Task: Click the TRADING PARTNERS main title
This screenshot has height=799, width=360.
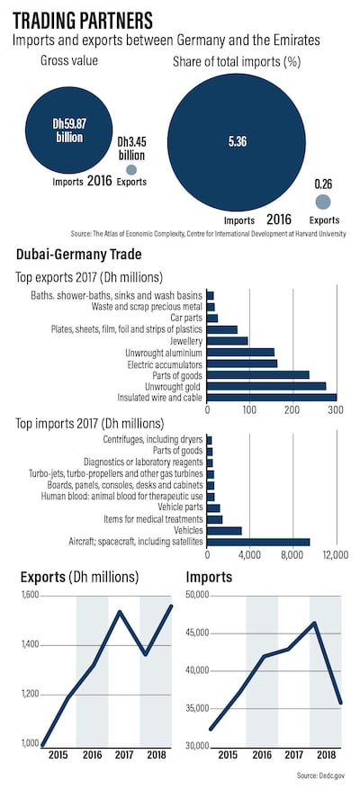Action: (83, 19)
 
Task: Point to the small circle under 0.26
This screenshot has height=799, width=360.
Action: (323, 201)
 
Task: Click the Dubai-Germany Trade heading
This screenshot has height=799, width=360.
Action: (75, 256)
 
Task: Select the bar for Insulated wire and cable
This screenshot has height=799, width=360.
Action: (272, 397)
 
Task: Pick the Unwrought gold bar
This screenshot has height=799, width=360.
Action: (266, 385)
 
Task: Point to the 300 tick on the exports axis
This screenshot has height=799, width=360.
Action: (336, 410)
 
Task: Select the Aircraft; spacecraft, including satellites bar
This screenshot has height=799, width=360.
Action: (258, 542)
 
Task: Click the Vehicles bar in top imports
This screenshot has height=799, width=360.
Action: (224, 531)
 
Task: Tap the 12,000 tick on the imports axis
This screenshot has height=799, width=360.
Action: (335, 555)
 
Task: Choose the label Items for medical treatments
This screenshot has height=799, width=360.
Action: (150, 519)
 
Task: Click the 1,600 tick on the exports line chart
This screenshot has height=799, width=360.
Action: (30, 596)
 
